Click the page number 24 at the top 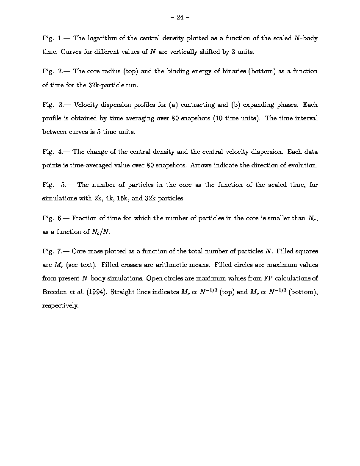tap(180, 17)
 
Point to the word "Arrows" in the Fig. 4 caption tap(202, 165)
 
